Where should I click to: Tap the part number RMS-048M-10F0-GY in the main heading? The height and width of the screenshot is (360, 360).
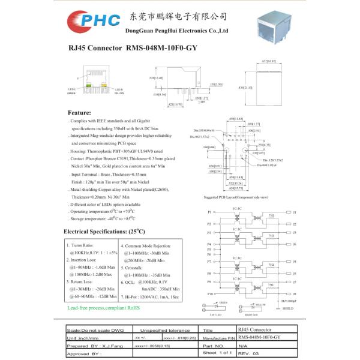point(161,47)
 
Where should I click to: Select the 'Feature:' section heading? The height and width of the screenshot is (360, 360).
point(79,113)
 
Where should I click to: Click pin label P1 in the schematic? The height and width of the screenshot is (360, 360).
point(209,212)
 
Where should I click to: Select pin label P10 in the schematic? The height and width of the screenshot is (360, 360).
point(210,293)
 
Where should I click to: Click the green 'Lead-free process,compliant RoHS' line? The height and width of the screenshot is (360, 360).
point(103,307)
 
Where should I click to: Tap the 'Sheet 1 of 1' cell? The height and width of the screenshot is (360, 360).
point(217,353)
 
